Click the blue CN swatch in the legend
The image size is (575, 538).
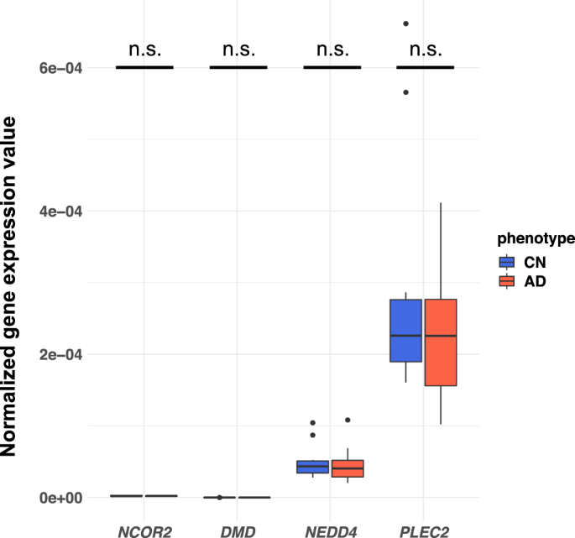click(507, 261)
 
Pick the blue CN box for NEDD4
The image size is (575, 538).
click(312, 467)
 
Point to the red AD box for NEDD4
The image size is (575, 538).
click(348, 468)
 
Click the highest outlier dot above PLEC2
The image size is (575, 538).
click(405, 24)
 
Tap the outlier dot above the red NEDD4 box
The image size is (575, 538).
click(348, 420)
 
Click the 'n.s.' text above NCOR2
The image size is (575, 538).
click(144, 50)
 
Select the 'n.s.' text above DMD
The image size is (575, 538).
click(238, 50)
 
